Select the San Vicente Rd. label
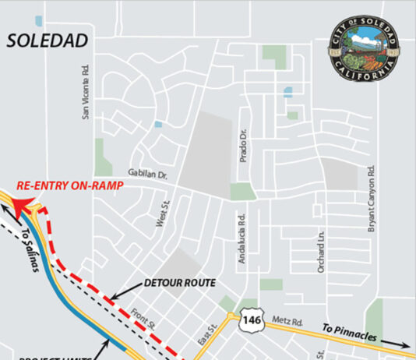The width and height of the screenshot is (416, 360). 86,92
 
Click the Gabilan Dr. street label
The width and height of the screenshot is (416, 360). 146,173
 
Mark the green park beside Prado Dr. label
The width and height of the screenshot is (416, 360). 241,192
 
